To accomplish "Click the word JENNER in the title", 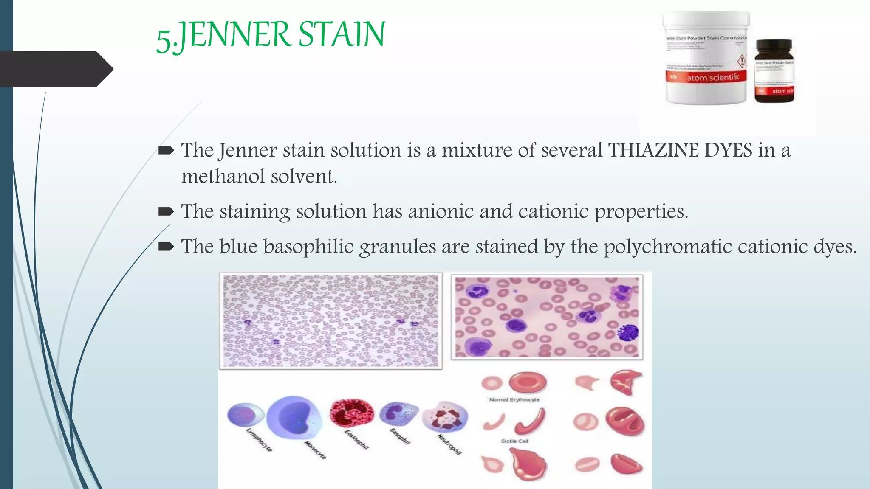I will [x=235, y=35].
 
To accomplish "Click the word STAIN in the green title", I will [x=342, y=35].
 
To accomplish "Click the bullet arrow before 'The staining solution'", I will [x=166, y=211].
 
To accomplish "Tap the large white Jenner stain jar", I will [x=706, y=58].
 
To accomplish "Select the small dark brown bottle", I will [x=774, y=71].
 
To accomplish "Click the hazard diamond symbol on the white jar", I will [x=741, y=61].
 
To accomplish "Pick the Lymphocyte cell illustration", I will [x=246, y=414].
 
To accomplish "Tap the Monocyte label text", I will [x=315, y=450].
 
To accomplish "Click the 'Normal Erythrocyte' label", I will [x=514, y=400].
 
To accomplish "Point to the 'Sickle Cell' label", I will [x=514, y=441].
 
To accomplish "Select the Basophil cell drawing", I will [x=398, y=413].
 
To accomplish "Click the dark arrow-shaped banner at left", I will [x=55, y=69].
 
